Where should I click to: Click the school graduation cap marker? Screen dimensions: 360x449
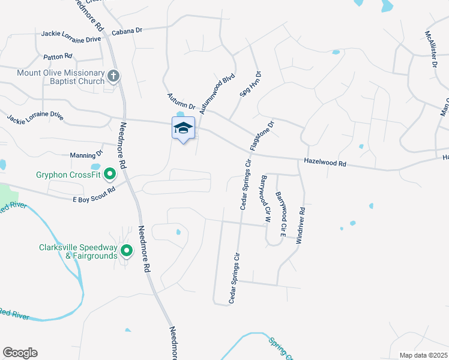click(x=184, y=128)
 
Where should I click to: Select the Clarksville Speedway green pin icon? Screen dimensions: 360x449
click(x=126, y=251)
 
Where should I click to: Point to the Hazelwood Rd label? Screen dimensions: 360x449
click(x=325, y=162)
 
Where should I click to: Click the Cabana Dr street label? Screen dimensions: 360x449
click(x=127, y=30)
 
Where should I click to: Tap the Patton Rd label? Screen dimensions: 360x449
click(x=58, y=56)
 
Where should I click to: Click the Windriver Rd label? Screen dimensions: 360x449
click(x=303, y=224)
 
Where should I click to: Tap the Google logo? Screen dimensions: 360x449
click(x=20, y=353)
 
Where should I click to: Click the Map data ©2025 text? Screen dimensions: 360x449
click(x=423, y=355)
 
